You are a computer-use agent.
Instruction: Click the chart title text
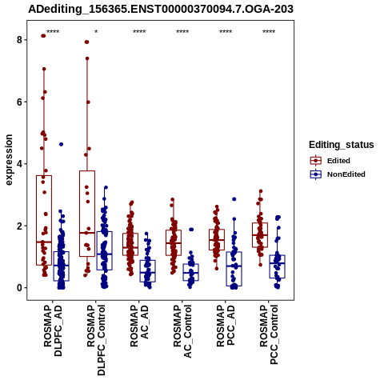click(161, 10)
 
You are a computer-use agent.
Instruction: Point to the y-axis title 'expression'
click(9, 160)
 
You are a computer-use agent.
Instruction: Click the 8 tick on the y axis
click(19, 40)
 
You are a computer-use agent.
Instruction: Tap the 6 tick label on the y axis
click(19, 102)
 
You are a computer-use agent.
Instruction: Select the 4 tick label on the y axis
click(19, 164)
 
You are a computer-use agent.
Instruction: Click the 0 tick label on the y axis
click(19, 288)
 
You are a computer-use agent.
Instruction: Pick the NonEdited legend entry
click(338, 174)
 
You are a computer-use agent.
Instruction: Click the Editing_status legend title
click(342, 145)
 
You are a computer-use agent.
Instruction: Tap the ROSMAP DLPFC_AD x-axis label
click(53, 330)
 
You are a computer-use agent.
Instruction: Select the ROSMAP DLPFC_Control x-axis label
click(96, 340)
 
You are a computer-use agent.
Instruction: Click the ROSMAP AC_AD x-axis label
click(139, 326)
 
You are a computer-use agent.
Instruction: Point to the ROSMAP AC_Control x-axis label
click(182, 331)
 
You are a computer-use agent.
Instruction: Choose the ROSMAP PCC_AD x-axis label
click(226, 326)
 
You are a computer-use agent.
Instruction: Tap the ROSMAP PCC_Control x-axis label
click(269, 334)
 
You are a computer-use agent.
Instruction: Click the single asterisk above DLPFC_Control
click(96, 32)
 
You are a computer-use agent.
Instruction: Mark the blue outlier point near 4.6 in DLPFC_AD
click(61, 144)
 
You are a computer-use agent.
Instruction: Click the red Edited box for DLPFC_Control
click(87, 214)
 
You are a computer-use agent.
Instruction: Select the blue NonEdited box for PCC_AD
click(234, 269)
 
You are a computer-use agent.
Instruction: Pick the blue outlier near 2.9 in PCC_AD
click(234, 199)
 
